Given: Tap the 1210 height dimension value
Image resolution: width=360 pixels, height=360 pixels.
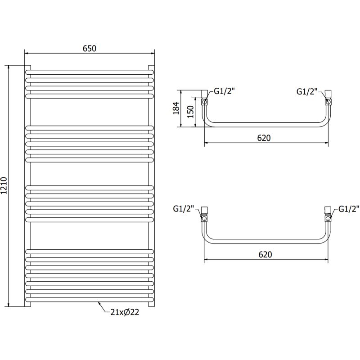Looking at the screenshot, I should pyautogui.click(x=5, y=185).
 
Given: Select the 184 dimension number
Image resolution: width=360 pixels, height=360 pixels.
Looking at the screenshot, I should pyautogui.click(x=177, y=108).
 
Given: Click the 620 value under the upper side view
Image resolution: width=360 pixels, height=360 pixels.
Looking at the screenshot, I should pyautogui.click(x=264, y=138).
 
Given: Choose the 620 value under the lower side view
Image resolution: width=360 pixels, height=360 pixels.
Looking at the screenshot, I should pyautogui.click(x=265, y=254).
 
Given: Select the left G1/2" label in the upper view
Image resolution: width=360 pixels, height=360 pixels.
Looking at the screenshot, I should pyautogui.click(x=224, y=91).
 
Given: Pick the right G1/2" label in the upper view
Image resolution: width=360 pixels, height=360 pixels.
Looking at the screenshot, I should pyautogui.click(x=307, y=91).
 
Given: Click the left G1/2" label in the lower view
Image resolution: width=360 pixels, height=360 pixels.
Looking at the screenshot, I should pyautogui.click(x=184, y=209).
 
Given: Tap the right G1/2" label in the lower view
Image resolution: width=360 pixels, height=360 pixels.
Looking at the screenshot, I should pyautogui.click(x=350, y=209).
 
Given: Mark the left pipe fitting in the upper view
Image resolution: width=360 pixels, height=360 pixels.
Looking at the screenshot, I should pyautogui.click(x=205, y=99).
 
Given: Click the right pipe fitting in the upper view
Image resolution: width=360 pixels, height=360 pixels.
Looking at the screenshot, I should pyautogui.click(x=328, y=99).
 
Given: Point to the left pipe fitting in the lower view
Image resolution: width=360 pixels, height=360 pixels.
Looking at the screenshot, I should pyautogui.click(x=205, y=216).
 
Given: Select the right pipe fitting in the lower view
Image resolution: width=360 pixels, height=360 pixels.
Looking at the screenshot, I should pyautogui.click(x=328, y=216).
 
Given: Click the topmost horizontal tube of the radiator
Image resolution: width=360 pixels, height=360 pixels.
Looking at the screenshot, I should pyautogui.click(x=89, y=72).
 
